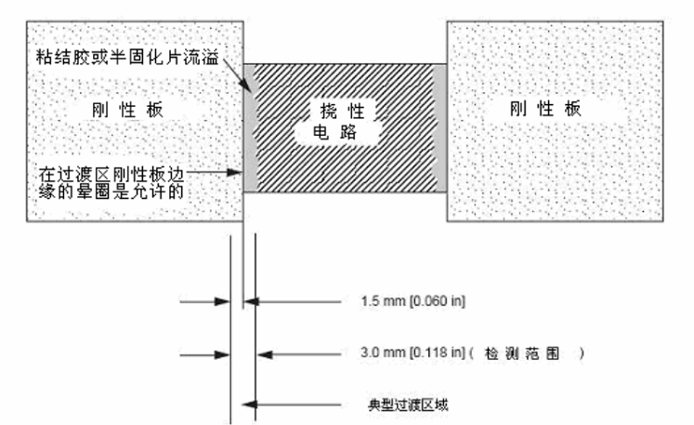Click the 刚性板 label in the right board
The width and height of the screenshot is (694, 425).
click(545, 108)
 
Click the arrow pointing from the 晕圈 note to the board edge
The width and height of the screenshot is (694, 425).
click(223, 172)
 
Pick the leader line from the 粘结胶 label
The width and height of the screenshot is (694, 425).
click(236, 63)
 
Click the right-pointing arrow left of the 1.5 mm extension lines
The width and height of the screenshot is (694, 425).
click(218, 302)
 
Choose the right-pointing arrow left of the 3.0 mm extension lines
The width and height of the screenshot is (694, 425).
click(218, 354)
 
